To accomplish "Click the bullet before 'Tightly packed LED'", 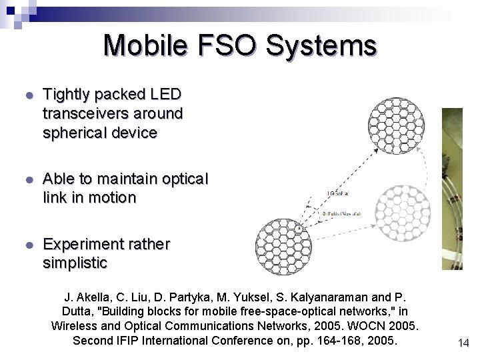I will click(x=28, y=95).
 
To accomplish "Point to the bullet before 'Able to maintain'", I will click(x=28, y=180).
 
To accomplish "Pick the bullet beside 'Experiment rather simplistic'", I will click(x=28, y=245).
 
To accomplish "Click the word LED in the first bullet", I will click(x=167, y=95).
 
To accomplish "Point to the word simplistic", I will click(x=75, y=263).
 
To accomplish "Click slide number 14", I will click(x=463, y=343).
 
